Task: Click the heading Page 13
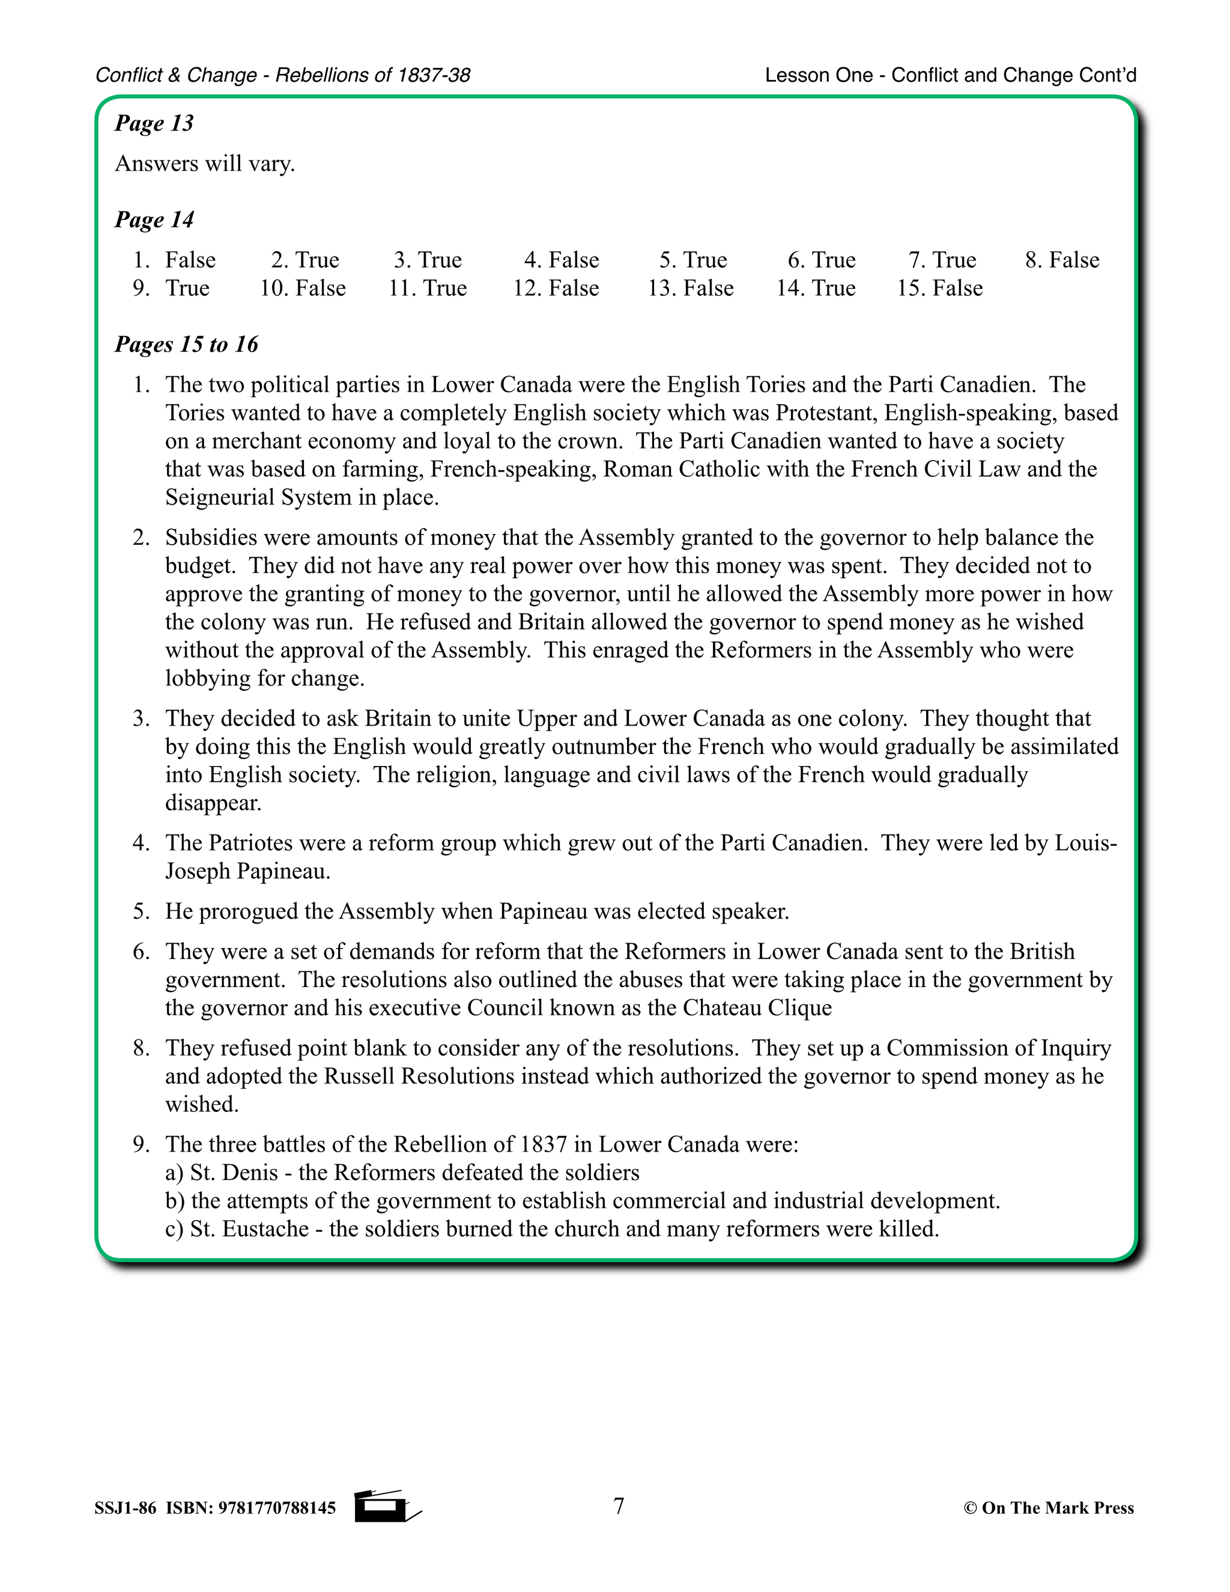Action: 154,123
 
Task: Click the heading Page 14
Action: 154,219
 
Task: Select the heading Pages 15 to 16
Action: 187,344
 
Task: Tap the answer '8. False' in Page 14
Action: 1062,260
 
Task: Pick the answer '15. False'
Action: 939,288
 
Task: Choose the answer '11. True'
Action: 428,288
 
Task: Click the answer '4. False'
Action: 561,260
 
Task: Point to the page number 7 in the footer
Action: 619,1505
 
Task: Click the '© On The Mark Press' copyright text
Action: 1049,1508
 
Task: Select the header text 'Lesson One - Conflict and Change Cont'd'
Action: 950,75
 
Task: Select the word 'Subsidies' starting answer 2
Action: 212,538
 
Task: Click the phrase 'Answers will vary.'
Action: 205,163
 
